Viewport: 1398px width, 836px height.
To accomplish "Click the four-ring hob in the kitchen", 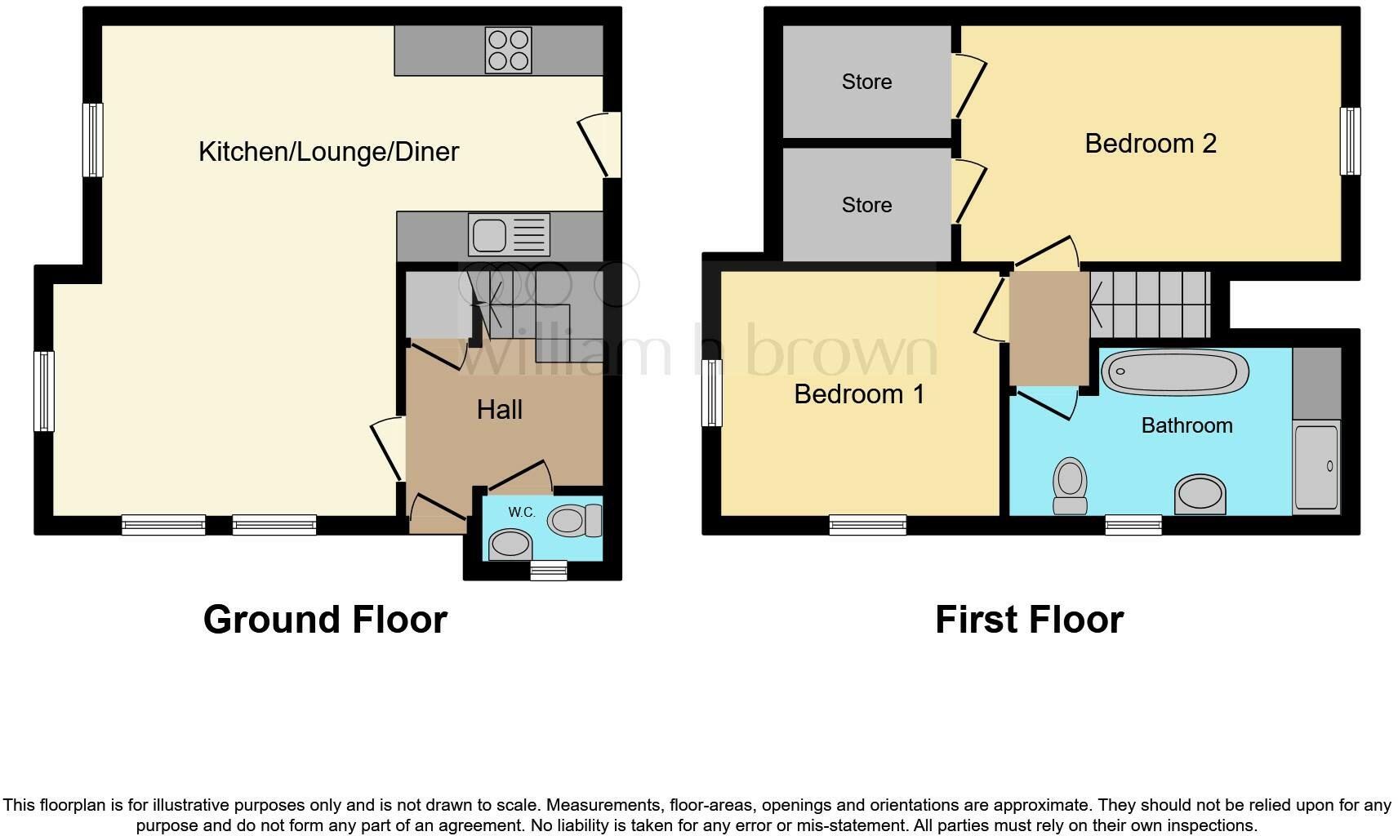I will [509, 50].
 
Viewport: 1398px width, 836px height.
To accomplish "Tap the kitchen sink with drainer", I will [509, 234].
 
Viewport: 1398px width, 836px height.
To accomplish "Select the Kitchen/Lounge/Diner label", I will [328, 152].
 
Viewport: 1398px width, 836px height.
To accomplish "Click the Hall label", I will [499, 410].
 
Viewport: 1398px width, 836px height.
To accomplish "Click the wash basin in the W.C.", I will [510, 545].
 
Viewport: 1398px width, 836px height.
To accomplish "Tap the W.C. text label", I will [521, 513].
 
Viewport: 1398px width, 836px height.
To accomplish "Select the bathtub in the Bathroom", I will [1175, 372].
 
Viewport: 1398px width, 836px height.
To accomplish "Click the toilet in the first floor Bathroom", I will [1070, 485].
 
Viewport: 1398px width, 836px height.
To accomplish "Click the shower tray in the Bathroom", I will [1316, 468].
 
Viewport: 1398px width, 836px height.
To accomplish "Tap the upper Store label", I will [866, 82].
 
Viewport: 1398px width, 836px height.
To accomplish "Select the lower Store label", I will [866, 205].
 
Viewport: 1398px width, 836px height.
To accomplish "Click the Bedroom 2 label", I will [1150, 144].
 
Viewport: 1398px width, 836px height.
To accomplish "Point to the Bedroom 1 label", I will [859, 394].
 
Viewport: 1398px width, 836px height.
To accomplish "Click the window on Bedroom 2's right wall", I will [1351, 141].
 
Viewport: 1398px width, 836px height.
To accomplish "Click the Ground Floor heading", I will [325, 620].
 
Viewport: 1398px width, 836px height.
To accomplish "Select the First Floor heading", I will [1029, 620].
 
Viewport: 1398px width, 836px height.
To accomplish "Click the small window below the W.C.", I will [548, 571].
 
